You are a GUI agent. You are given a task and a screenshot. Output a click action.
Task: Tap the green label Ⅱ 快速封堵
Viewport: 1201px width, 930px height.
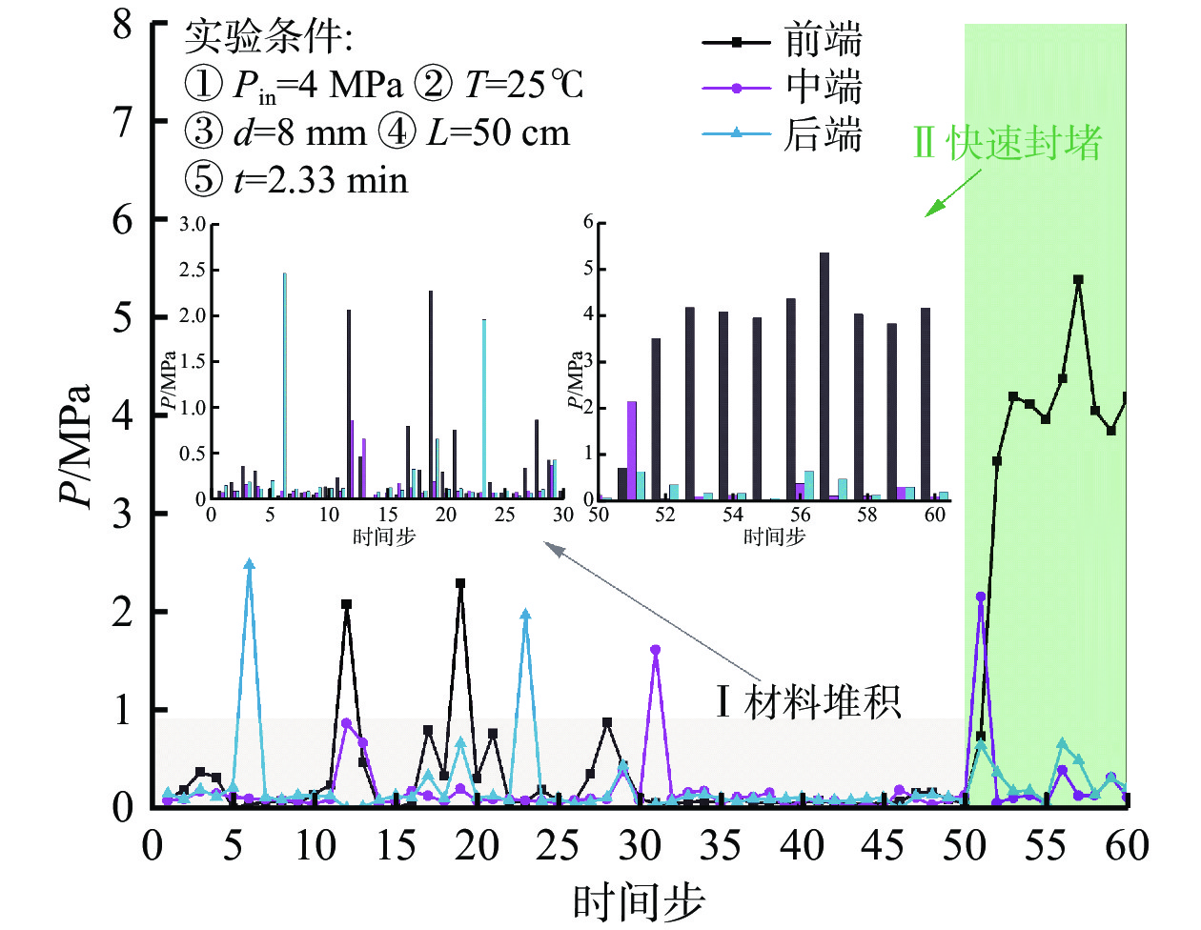click(x=1007, y=143)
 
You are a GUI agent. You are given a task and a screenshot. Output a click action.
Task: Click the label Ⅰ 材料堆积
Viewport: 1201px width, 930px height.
click(x=808, y=702)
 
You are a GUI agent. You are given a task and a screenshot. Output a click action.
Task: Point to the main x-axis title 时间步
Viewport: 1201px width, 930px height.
click(x=639, y=901)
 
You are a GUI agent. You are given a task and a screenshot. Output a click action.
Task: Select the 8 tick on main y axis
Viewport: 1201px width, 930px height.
click(x=122, y=24)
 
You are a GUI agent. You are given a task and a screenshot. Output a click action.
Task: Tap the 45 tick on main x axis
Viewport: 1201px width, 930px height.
click(x=883, y=845)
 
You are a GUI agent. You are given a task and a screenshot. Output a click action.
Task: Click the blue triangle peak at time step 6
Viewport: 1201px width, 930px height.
click(x=250, y=565)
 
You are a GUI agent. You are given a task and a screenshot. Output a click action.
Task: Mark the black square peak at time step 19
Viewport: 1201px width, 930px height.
click(x=460, y=583)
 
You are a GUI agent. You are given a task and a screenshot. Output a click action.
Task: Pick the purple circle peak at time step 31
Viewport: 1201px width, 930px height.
click(x=655, y=650)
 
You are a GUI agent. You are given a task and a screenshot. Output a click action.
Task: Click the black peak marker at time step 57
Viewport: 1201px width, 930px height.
click(x=1078, y=280)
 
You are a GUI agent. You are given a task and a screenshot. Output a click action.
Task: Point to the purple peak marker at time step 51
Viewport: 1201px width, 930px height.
click(x=981, y=596)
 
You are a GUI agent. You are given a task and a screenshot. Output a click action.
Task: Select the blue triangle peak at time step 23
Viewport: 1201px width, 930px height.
click(x=525, y=616)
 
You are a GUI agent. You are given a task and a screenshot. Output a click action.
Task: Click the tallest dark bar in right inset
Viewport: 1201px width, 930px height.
click(x=824, y=376)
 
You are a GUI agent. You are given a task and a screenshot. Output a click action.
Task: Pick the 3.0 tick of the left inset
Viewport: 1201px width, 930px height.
click(x=193, y=224)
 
